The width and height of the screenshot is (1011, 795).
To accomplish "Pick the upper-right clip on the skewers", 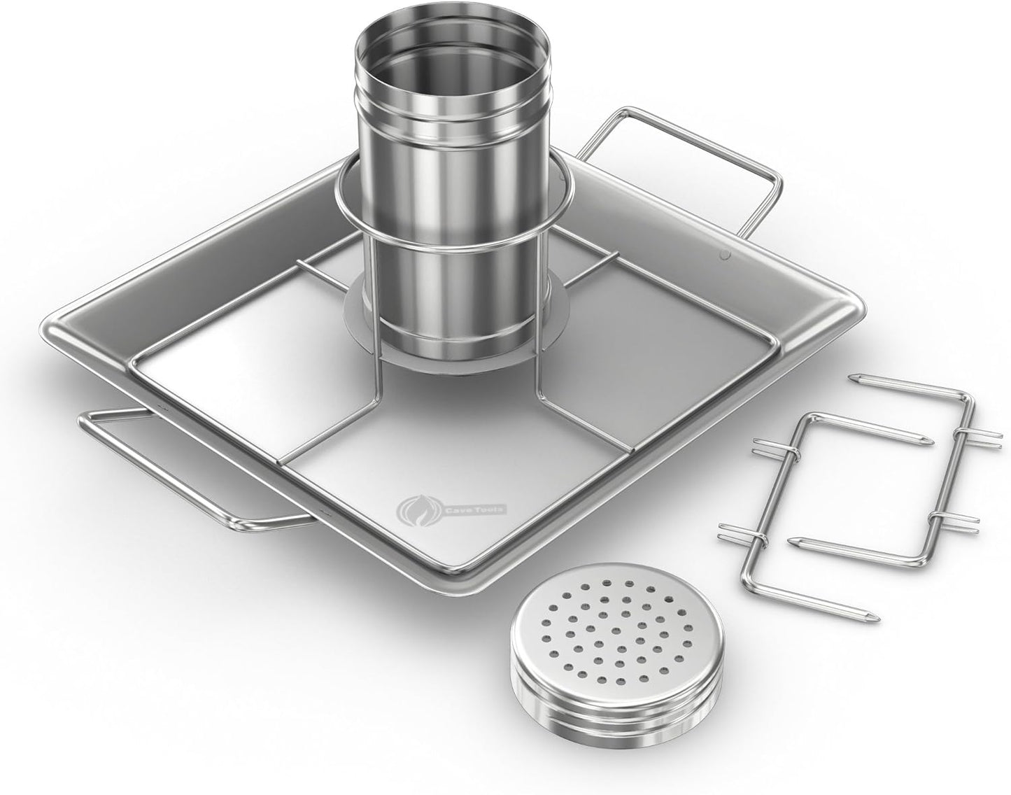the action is [x=959, y=433].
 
